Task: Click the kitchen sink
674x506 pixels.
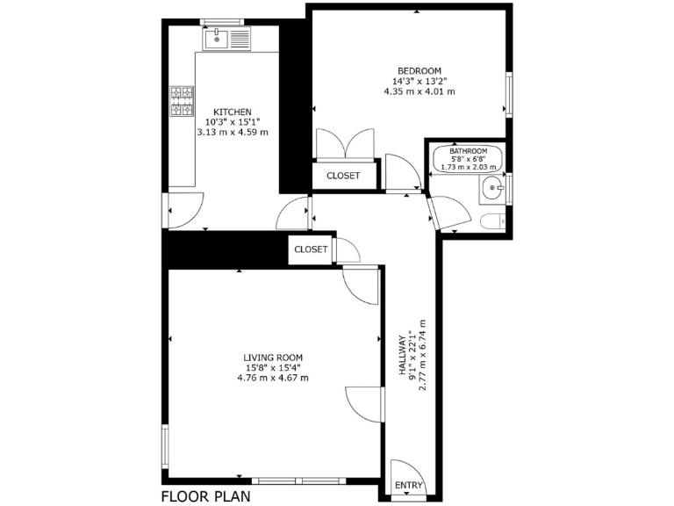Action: (226, 38)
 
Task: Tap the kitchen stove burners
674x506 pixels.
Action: (183, 101)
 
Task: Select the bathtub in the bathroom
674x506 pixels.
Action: (466, 159)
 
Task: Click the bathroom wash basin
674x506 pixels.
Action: (494, 187)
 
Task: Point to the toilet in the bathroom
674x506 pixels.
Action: (492, 220)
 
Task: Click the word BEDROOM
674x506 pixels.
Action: (419, 71)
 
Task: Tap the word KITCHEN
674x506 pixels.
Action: (233, 112)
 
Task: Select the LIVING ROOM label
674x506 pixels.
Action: (273, 358)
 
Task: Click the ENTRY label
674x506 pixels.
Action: (408, 486)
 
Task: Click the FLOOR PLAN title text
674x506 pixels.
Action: (205, 495)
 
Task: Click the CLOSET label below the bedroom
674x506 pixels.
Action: (342, 176)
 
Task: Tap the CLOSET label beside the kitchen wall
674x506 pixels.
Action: (311, 249)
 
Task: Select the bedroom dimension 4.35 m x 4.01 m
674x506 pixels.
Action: (419, 91)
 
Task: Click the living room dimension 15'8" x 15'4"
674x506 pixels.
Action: (273, 367)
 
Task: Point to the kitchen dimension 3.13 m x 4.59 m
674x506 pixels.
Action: (233, 132)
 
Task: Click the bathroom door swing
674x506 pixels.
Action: (444, 211)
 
